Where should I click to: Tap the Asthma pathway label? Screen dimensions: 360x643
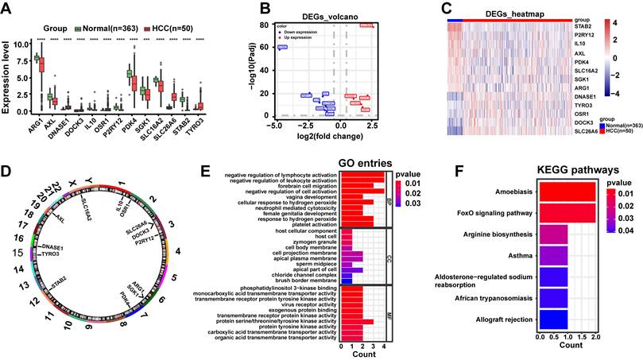(x=520, y=255)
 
